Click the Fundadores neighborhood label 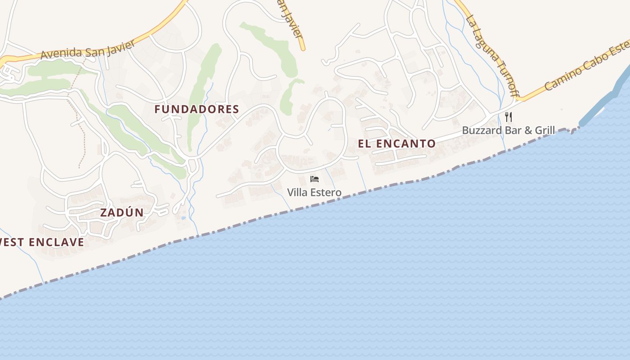[x=197, y=109]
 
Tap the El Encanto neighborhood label [x=397, y=144]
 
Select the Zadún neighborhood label [x=121, y=212]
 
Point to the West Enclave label [x=42, y=242]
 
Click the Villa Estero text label [x=314, y=193]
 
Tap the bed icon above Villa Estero [x=315, y=180]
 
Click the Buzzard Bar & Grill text [x=508, y=130]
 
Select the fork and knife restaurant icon [x=508, y=117]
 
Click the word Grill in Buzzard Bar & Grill [x=544, y=130]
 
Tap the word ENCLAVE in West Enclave [x=57, y=242]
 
